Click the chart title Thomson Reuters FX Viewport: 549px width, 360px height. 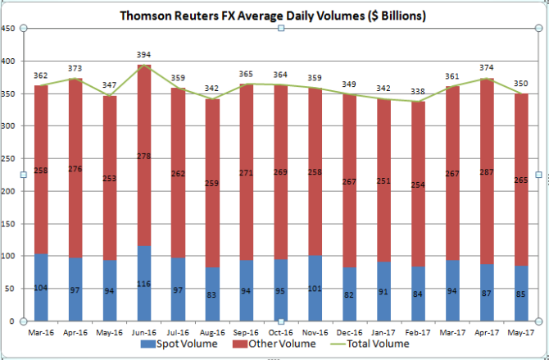coord(272,16)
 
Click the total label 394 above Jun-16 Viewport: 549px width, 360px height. coord(144,56)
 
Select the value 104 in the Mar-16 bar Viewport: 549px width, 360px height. coord(40,288)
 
